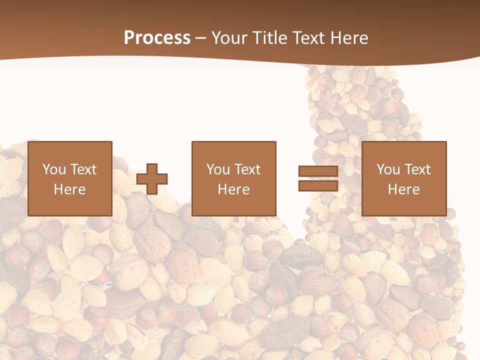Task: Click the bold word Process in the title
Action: click(x=157, y=37)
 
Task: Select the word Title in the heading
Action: click(x=270, y=37)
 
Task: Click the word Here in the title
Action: click(x=349, y=37)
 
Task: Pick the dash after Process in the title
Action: click(x=200, y=38)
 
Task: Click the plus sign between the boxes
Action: click(x=152, y=178)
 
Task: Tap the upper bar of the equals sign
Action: click(x=318, y=171)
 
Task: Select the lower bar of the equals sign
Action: click(x=318, y=185)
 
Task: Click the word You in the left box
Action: click(x=54, y=169)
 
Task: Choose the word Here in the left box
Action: click(x=69, y=189)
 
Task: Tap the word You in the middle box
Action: click(x=218, y=169)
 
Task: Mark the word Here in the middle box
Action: click(x=233, y=189)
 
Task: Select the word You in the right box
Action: click(x=388, y=169)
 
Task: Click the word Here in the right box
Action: click(x=403, y=189)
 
